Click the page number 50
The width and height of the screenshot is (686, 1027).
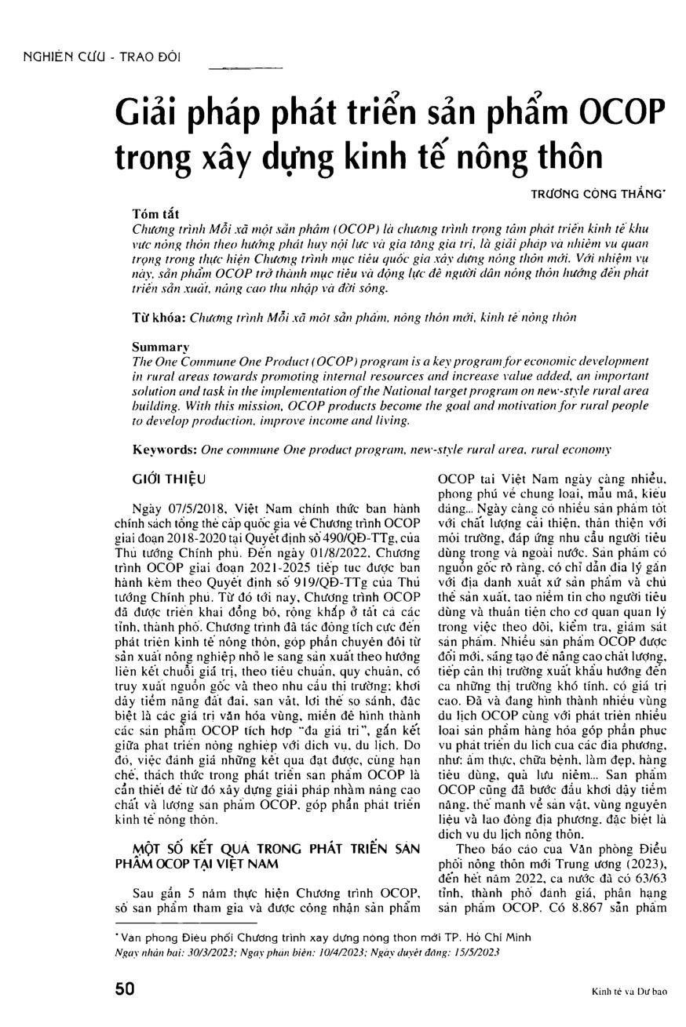click(x=124, y=989)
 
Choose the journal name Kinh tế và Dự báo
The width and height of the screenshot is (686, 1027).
click(x=629, y=992)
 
